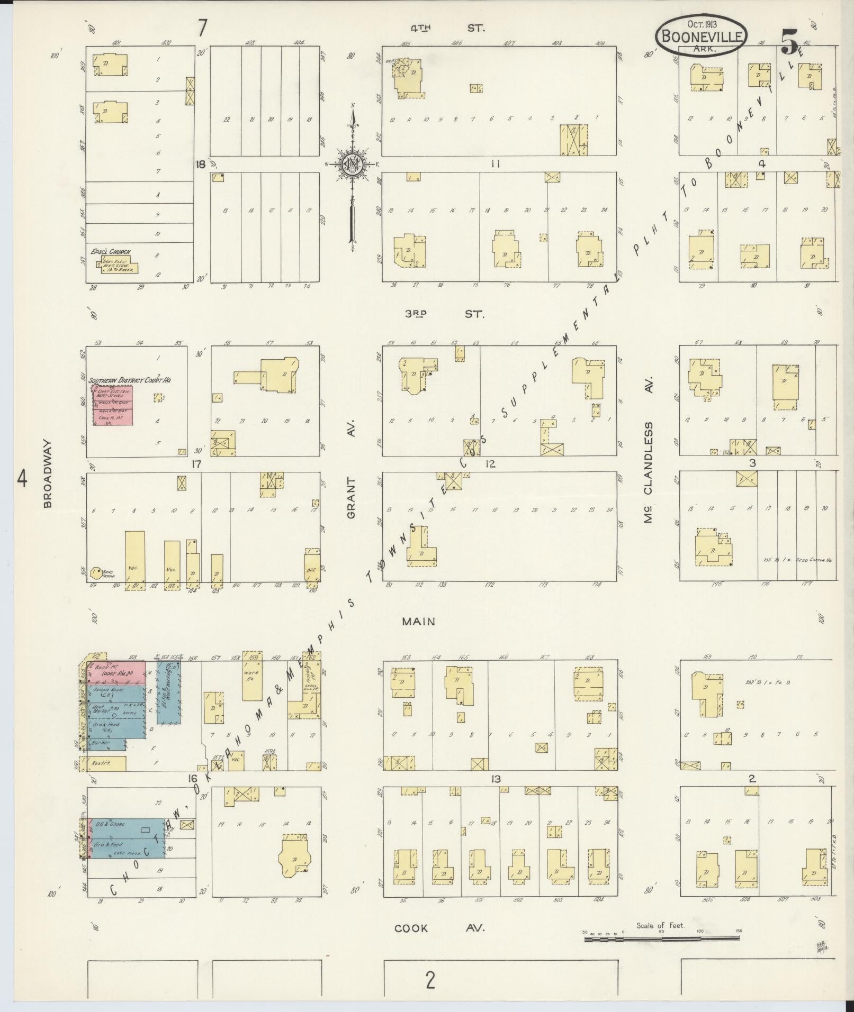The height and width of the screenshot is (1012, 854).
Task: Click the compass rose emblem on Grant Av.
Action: (351, 164)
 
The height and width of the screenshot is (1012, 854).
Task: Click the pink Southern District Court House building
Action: (113, 405)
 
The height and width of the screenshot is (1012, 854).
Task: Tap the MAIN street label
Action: (418, 622)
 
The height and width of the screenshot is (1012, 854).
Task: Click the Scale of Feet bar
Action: (662, 938)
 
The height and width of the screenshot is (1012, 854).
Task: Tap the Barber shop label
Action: (101, 743)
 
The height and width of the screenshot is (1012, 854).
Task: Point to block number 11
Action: (495, 164)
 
